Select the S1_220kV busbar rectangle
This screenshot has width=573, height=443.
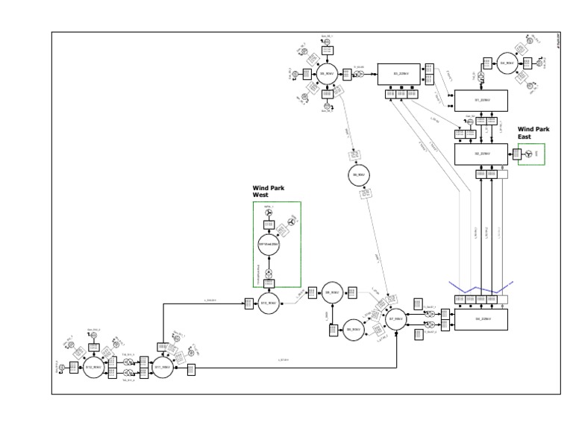480,99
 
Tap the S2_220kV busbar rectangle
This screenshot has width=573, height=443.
480,154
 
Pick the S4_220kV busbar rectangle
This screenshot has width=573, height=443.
480,319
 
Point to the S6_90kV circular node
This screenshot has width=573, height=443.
360,177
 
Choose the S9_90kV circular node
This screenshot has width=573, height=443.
332,294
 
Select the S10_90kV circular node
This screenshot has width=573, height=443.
269,304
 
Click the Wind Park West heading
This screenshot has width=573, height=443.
269,192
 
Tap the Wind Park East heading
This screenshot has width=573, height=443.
533,133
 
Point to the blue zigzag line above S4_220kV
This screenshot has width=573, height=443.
480,286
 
